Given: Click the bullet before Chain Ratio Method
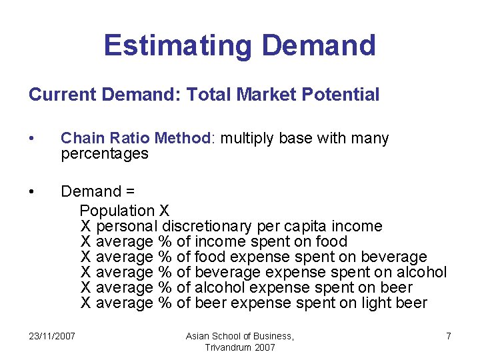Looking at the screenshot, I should (32, 139).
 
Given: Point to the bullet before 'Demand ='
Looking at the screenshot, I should (32, 192).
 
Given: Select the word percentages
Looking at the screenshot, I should (104, 153).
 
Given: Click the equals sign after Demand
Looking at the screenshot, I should (129, 192).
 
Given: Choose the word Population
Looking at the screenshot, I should (117, 211).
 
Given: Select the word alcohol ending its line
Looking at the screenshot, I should (421, 272).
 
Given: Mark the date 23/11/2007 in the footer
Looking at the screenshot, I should (53, 336).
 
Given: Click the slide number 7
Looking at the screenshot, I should (448, 336).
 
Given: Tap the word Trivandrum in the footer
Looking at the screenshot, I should (227, 348).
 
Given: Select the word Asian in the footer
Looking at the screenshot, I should (199, 336).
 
